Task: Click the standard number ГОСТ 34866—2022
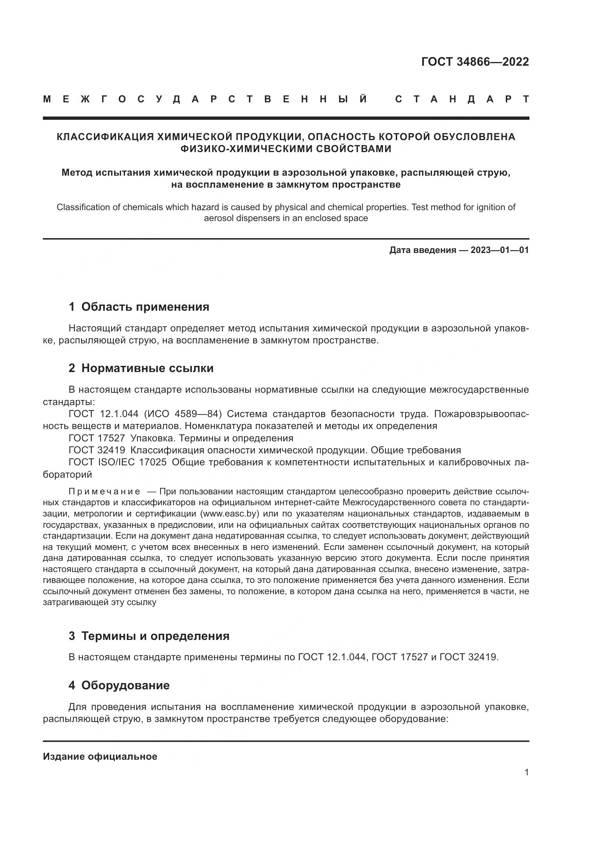click(475, 62)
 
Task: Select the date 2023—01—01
click(499, 250)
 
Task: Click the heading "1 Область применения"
click(139, 307)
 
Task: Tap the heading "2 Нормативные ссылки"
click(141, 368)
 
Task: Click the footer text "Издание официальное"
click(100, 756)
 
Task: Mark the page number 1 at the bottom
click(527, 772)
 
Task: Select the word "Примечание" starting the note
click(104, 492)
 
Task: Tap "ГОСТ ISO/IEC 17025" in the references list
click(117, 462)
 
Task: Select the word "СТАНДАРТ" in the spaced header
click(462, 99)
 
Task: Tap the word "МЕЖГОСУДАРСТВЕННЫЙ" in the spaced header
click(205, 99)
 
